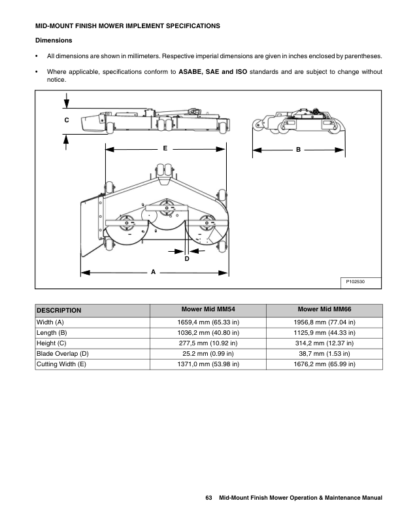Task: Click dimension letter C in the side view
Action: pos(67,120)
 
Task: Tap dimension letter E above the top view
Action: pos(165,149)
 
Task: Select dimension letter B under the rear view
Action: pos(297,150)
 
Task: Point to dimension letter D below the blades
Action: pos(186,259)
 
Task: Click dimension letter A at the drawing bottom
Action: pos(153,271)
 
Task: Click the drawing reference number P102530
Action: pos(355,281)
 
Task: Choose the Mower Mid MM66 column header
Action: pos(324,309)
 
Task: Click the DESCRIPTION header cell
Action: pos(59,311)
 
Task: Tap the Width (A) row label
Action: pos(50,322)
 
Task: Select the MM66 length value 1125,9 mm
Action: pos(324,333)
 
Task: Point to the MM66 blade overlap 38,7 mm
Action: pos(324,354)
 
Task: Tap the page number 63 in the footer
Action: pos(209,499)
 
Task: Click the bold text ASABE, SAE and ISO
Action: pos(212,71)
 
